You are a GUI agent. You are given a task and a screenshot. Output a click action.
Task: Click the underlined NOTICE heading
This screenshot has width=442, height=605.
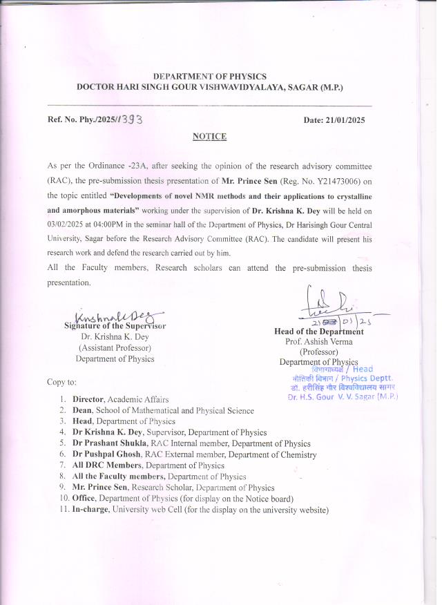pos(209,137)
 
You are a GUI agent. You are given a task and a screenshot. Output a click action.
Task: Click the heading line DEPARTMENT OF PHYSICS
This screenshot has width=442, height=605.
pos(209,76)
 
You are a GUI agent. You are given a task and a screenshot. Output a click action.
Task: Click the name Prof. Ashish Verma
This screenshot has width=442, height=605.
pos(318,341)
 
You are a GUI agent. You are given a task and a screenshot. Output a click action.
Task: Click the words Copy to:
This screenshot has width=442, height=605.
pos(61,381)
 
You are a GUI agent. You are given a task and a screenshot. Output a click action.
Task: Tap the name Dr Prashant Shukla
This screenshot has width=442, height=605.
pos(109,443)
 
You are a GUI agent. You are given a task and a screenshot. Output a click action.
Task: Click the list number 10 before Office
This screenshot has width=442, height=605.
pos(63,499)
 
